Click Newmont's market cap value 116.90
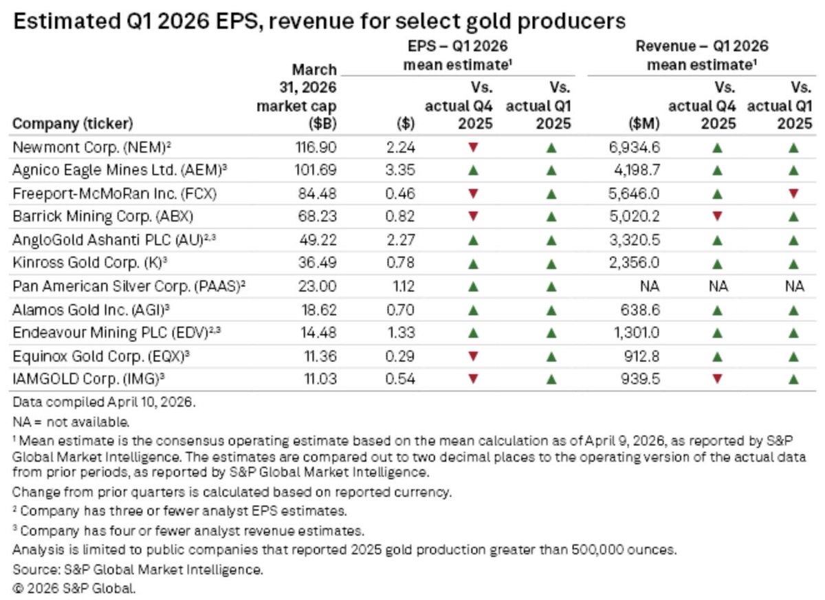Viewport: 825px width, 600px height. click(x=316, y=147)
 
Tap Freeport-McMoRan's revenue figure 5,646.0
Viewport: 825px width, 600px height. click(x=634, y=193)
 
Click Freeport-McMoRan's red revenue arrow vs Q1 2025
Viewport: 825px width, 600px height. click(x=793, y=193)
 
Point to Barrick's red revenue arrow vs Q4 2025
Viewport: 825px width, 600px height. click(x=716, y=216)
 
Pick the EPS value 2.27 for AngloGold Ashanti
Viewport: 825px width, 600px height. click(x=400, y=240)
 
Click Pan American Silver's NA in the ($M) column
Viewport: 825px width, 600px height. click(x=650, y=286)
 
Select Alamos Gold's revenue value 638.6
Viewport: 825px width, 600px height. click(x=640, y=310)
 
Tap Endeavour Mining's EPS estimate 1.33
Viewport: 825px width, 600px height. click(x=401, y=333)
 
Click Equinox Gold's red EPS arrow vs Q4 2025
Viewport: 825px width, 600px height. click(x=473, y=356)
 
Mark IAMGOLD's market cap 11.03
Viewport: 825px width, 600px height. click(x=320, y=379)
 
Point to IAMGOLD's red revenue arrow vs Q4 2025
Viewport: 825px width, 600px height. click(x=716, y=378)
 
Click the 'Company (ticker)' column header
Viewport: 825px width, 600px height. click(x=73, y=124)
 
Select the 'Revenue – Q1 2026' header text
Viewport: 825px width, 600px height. click(x=702, y=46)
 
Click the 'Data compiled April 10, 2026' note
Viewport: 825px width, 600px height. click(x=104, y=402)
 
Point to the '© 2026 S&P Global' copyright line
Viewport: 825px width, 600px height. click(x=74, y=588)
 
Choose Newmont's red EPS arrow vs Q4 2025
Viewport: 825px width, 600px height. click(x=473, y=147)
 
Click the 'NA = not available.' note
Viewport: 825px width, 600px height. click(x=71, y=422)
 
